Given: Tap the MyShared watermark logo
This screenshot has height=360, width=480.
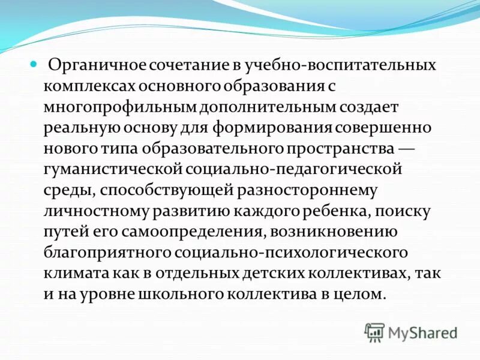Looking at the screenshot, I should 412,332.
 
